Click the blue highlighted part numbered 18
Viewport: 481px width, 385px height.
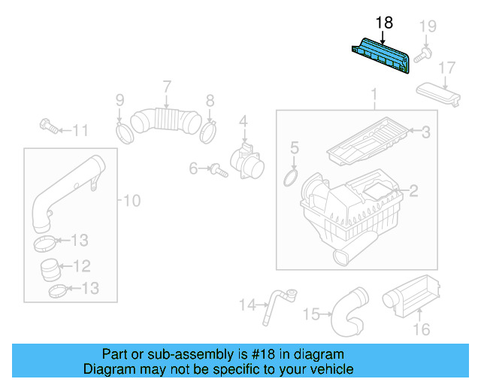[381, 57]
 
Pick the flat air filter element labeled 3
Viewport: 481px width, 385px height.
[371, 138]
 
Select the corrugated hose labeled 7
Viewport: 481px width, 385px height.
[165, 120]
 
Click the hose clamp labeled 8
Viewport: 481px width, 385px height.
[210, 132]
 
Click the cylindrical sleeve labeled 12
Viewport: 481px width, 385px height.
[51, 267]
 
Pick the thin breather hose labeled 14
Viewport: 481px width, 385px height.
[275, 304]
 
